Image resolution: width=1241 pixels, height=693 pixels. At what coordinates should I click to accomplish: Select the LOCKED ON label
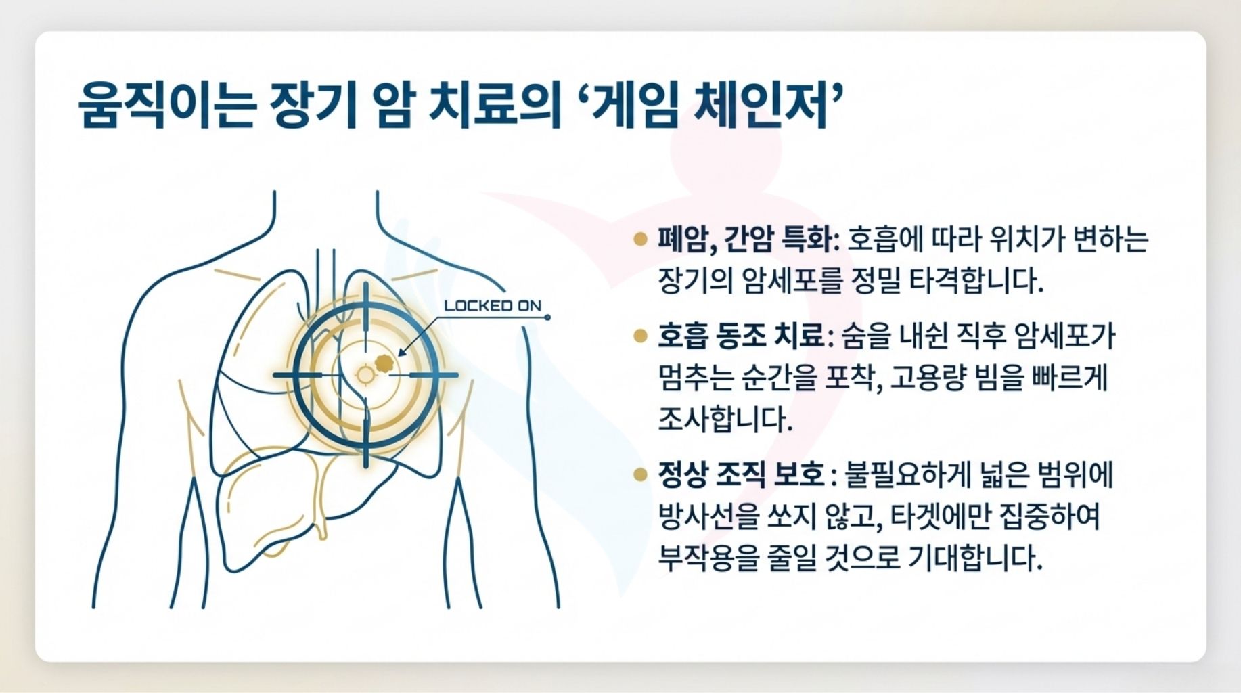tap(493, 306)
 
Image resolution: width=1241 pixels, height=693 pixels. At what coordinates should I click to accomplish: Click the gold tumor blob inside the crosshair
tap(385, 363)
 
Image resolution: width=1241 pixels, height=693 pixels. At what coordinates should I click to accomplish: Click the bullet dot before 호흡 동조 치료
tap(640, 336)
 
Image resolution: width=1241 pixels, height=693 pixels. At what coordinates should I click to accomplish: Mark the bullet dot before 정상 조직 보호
tap(640, 474)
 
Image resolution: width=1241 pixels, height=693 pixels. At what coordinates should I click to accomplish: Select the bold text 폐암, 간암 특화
tap(744, 239)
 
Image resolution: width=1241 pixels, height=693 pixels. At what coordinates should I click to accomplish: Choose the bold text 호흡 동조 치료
tap(741, 336)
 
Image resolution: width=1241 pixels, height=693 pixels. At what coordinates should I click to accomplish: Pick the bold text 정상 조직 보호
tap(741, 474)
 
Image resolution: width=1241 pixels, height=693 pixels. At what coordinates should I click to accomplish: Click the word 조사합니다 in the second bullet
tap(724, 420)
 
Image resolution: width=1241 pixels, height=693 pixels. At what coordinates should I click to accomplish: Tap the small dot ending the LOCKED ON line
tap(547, 317)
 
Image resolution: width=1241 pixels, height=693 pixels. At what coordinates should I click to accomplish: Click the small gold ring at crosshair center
tap(365, 374)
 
